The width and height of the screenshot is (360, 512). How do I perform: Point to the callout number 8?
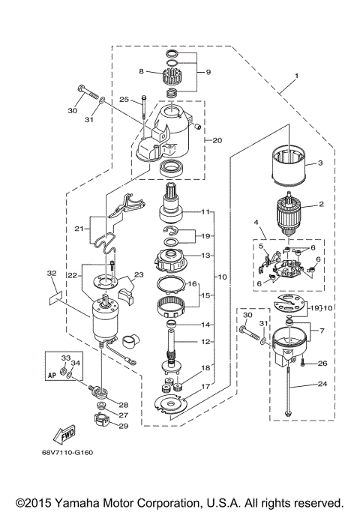coord(140,72)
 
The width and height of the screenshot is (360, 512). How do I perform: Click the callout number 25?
coord(124,99)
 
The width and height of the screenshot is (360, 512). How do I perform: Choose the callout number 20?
coord(217,140)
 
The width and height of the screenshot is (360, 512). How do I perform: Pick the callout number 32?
coord(52,273)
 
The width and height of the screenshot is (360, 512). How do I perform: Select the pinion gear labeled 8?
coord(173,76)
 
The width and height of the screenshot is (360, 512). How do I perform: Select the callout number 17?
coord(205,387)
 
